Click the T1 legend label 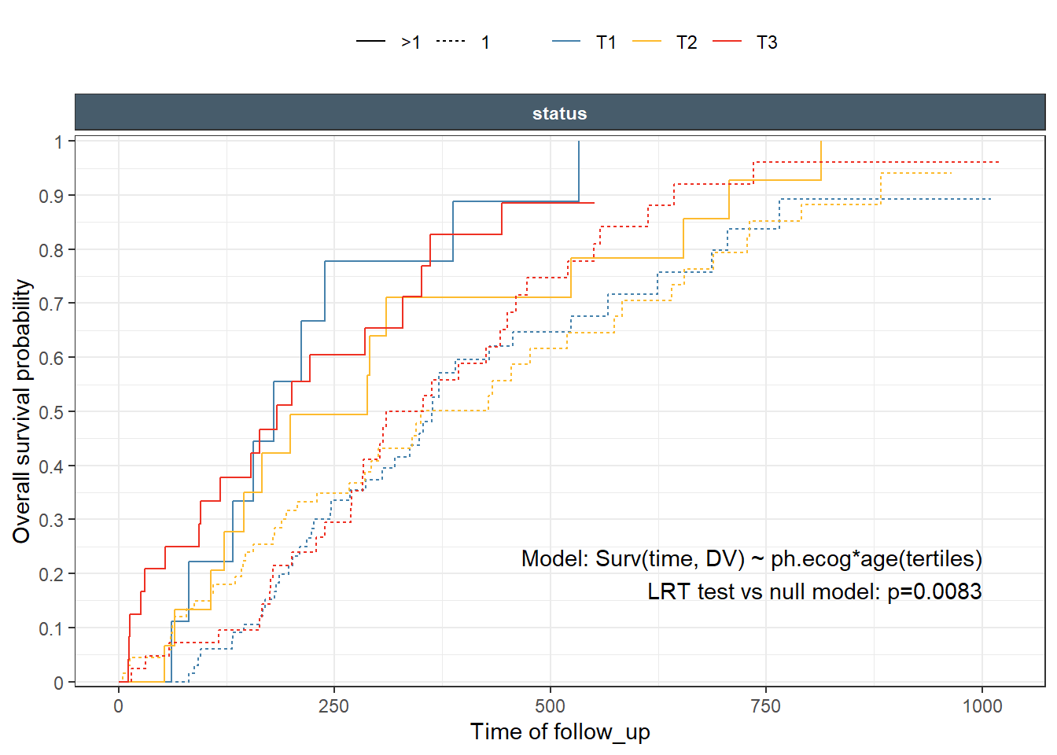click(x=606, y=42)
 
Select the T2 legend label click(x=687, y=42)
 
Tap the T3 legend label click(x=767, y=42)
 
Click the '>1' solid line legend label click(x=411, y=42)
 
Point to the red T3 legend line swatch click(x=727, y=42)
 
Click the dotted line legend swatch click(x=451, y=42)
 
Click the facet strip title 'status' click(x=559, y=113)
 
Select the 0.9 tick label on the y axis click(x=52, y=196)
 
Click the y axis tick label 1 click(x=58, y=142)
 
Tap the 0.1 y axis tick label click(x=52, y=628)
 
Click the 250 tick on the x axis click(x=333, y=705)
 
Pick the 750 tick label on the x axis click(x=765, y=705)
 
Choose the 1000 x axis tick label click(x=982, y=705)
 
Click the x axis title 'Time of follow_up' click(x=560, y=731)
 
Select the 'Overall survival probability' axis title click(x=22, y=411)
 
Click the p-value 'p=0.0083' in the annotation click(x=934, y=591)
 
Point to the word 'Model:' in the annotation click(x=554, y=558)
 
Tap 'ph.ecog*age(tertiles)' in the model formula click(x=876, y=558)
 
